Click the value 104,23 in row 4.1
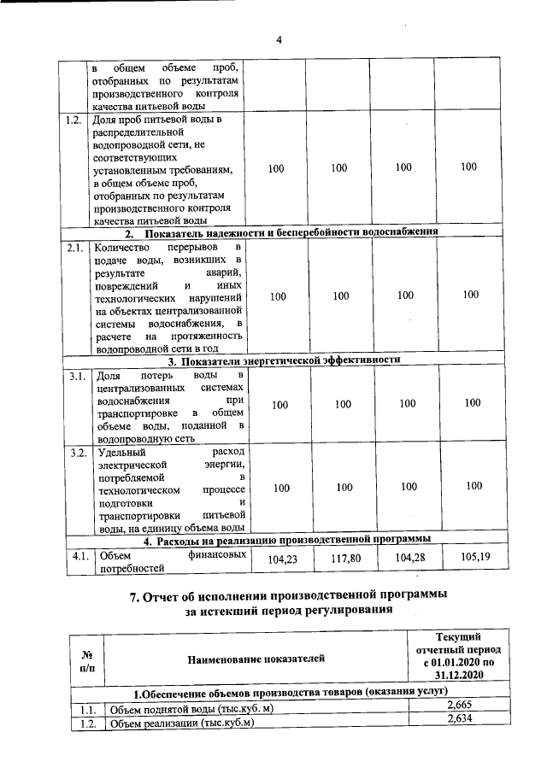point(277,561)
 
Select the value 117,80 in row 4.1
point(341,561)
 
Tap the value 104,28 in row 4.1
point(405,561)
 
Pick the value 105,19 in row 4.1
point(469,560)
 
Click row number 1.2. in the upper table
point(74,120)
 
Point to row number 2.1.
point(74,248)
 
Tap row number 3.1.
point(74,376)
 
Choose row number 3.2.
point(74,453)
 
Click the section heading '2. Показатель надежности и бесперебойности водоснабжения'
point(282,232)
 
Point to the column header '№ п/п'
point(86,657)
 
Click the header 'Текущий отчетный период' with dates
point(457,655)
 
